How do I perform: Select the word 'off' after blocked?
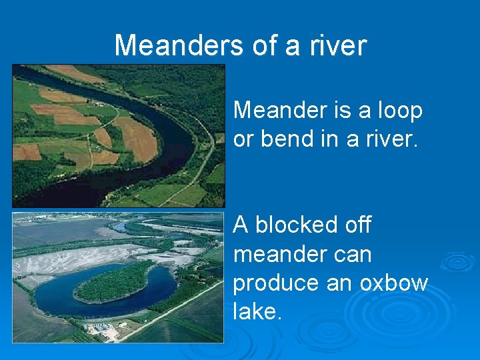[x=357, y=225]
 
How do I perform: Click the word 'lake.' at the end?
[x=257, y=311]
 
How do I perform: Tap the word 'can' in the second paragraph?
[x=356, y=254]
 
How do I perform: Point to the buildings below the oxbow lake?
[x=103, y=329]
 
